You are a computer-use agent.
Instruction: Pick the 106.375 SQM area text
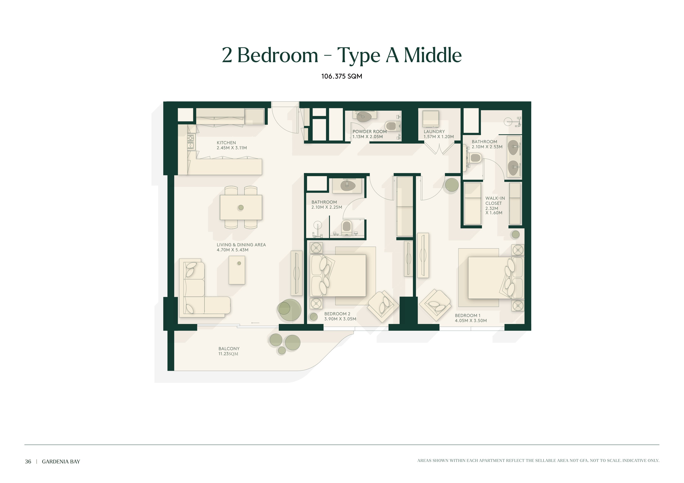click(342, 76)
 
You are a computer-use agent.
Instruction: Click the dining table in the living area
click(241, 207)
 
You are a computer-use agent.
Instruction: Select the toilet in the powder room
click(391, 126)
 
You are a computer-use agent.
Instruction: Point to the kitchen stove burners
click(190, 142)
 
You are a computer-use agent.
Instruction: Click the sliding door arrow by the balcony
click(255, 323)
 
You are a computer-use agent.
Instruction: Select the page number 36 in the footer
click(28, 462)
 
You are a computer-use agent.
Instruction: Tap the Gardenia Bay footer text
click(61, 462)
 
